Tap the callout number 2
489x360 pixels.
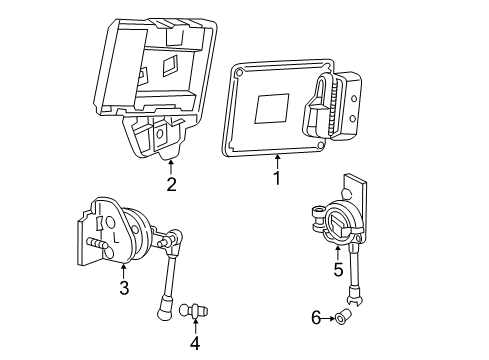pyautogui.click(x=171, y=184)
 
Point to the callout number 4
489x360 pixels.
pyautogui.click(x=195, y=343)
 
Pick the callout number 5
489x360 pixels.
pyautogui.click(x=337, y=270)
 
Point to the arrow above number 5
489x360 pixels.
pyautogui.click(x=337, y=252)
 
